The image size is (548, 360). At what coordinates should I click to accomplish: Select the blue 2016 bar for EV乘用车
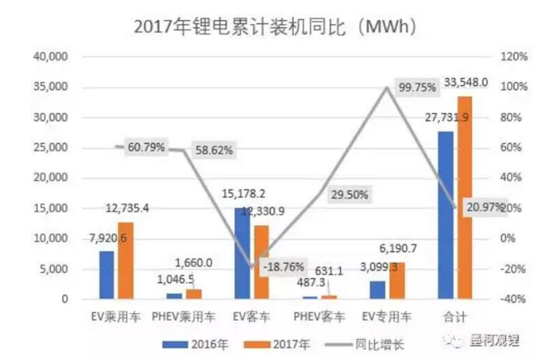tap(106, 275)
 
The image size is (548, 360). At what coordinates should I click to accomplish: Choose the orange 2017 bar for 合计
tap(463, 198)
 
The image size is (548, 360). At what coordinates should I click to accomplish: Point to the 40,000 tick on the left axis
tap(48, 57)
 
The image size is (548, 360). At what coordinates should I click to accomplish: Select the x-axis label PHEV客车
tap(318, 317)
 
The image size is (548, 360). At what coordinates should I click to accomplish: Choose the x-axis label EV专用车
tap(386, 317)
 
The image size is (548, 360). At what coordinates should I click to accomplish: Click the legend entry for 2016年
tap(195, 342)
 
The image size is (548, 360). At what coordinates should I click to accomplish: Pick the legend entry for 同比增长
tap(352, 342)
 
